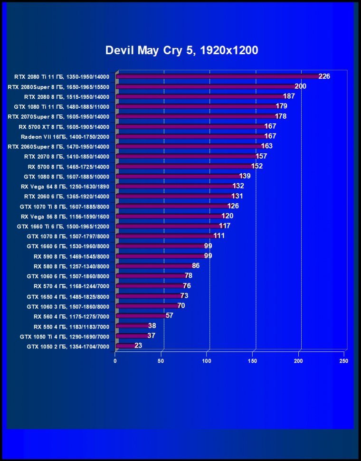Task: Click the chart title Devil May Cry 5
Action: pos(181,50)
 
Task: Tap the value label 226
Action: pos(324,76)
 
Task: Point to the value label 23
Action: pos(138,346)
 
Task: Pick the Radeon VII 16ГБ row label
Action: pos(65,136)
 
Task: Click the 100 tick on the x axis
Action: pos(207,361)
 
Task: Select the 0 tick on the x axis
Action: pos(115,361)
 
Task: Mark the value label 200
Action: pos(300,86)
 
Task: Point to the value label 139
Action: pos(245,176)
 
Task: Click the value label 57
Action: pos(170,316)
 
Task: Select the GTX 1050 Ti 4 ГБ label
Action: pos(65,336)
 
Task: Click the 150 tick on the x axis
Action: pos(253,361)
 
